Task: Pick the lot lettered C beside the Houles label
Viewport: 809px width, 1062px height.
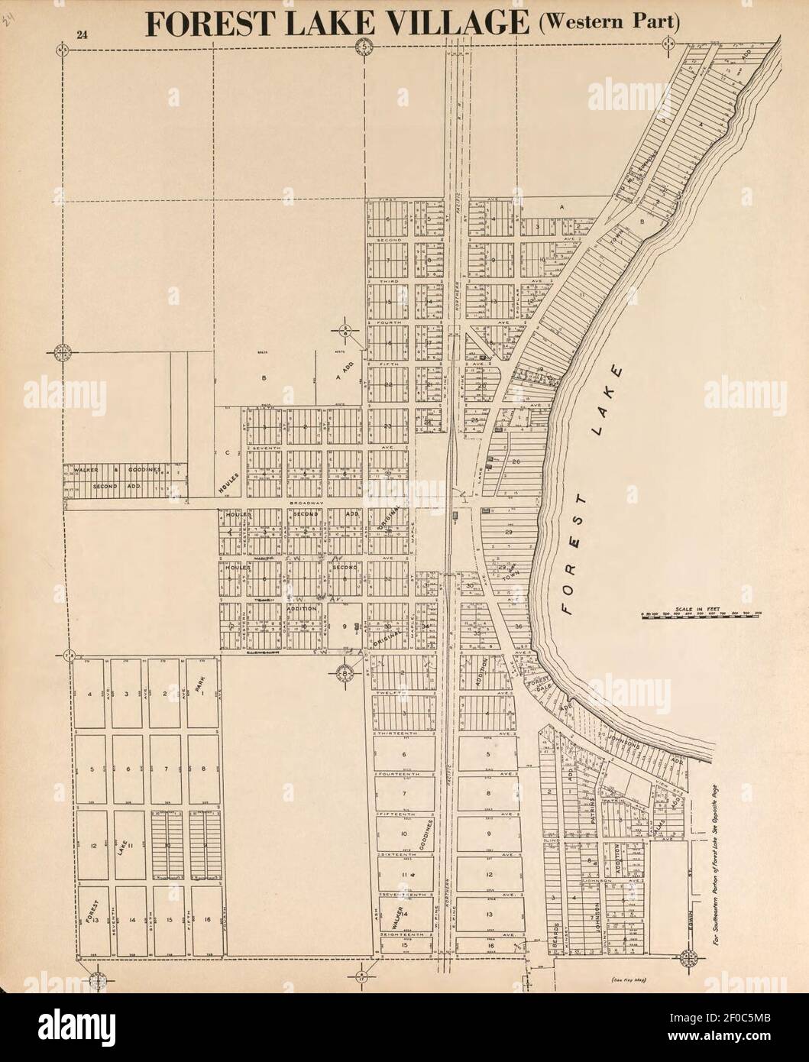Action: tap(228, 452)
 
